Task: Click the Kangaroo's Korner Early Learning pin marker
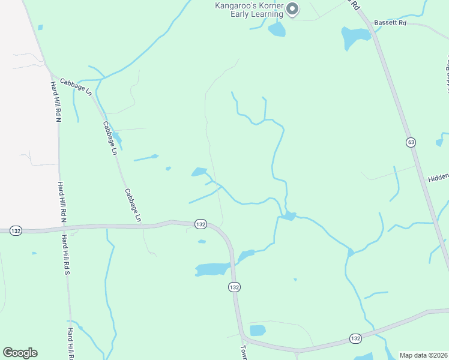(x=292, y=9)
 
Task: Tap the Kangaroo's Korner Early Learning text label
(x=250, y=10)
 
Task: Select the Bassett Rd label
(x=390, y=23)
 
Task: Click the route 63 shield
(x=411, y=142)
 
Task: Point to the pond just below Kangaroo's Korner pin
(x=277, y=29)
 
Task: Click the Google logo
(x=20, y=353)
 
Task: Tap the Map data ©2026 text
(x=423, y=355)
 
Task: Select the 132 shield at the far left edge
(x=16, y=230)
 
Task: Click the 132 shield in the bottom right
(x=355, y=339)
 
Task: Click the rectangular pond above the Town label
(x=258, y=330)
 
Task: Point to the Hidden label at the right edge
(x=438, y=178)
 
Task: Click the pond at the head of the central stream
(x=199, y=172)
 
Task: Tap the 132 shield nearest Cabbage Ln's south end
(x=200, y=224)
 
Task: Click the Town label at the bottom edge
(x=244, y=352)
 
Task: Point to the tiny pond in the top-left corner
(x=40, y=27)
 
